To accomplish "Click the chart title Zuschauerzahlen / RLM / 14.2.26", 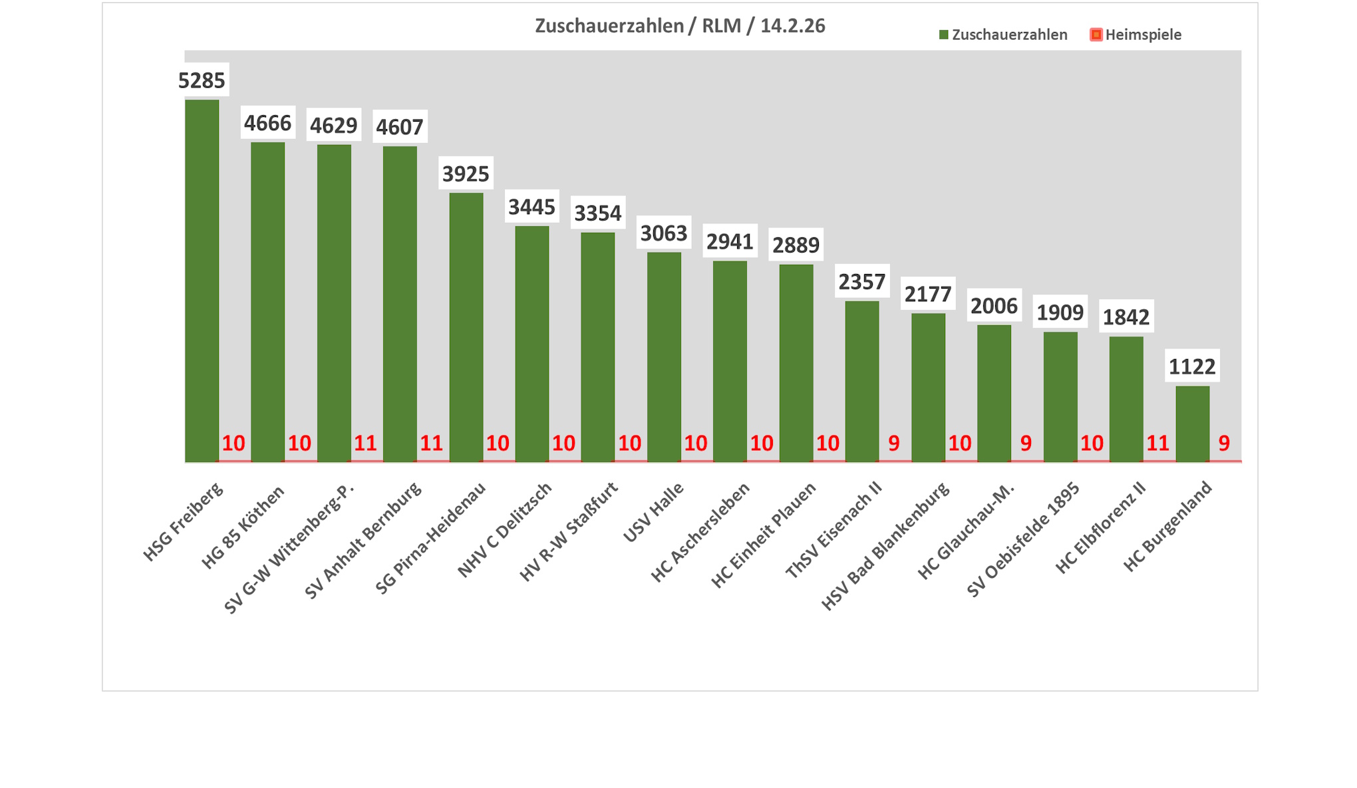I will pyautogui.click(x=680, y=26).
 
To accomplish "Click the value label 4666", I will pyautogui.click(x=267, y=123).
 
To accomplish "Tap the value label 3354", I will pyautogui.click(x=597, y=213).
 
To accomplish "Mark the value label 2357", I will pyautogui.click(x=861, y=282).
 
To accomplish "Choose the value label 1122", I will pyautogui.click(x=1192, y=366).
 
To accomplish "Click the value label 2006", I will pyautogui.click(x=994, y=306).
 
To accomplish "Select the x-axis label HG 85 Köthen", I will pyautogui.click(x=243, y=527).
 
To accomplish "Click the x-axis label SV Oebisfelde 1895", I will pyautogui.click(x=1024, y=539).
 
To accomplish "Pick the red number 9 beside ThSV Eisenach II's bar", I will pyautogui.click(x=893, y=443).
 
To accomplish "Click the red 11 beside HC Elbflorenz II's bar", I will pyautogui.click(x=1157, y=443).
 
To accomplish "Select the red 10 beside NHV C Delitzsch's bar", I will pyautogui.click(x=563, y=443).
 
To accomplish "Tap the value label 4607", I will pyautogui.click(x=400, y=126).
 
